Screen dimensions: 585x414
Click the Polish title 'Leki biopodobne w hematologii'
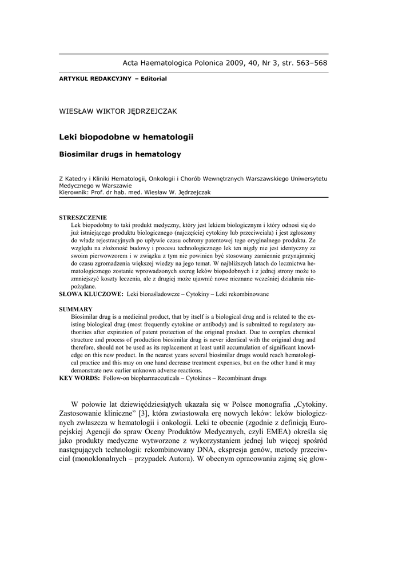(126, 137)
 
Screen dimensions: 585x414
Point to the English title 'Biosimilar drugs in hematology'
(120, 154)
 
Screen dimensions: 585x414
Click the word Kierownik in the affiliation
(72, 193)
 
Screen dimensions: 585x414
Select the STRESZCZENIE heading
(82, 218)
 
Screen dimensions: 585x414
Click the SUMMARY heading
(76, 309)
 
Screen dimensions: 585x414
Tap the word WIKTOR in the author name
(108, 111)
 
